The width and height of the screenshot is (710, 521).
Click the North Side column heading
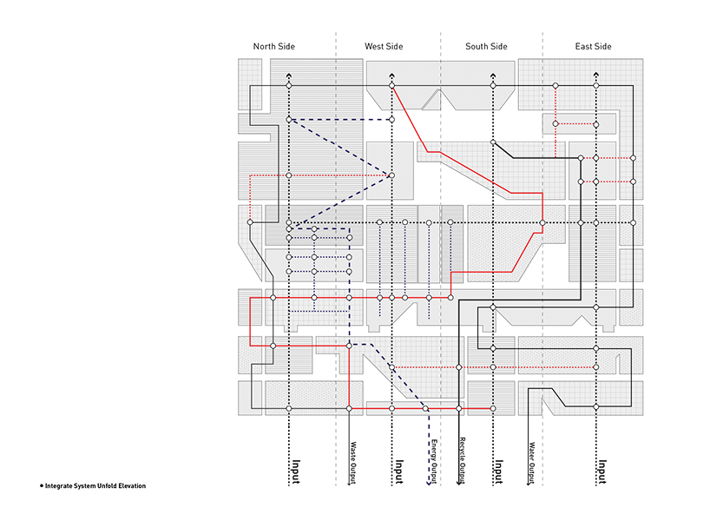tap(275, 46)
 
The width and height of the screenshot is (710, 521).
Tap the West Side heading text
tap(384, 46)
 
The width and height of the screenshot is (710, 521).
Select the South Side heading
tap(486, 46)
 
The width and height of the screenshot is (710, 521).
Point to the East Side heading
tap(594, 46)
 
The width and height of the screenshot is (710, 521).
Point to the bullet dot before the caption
tap(42, 485)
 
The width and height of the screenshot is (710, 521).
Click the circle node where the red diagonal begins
tap(392, 87)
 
